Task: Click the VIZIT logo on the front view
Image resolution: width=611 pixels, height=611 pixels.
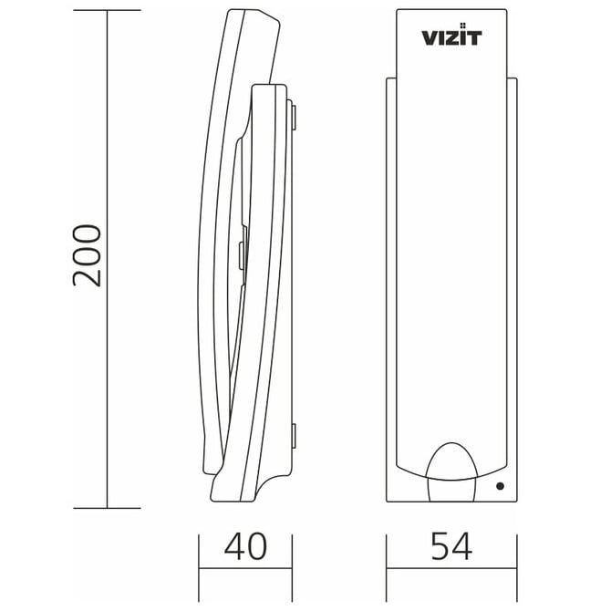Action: [x=451, y=37]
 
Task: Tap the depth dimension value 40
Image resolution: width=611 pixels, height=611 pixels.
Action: [x=245, y=546]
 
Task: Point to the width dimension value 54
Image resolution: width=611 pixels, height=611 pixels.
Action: [x=451, y=546]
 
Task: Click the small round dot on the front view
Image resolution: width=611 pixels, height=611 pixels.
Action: [x=500, y=487]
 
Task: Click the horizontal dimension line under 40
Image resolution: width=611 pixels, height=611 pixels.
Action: [x=245, y=572]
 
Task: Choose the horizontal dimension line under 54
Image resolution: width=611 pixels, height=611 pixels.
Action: [x=451, y=572]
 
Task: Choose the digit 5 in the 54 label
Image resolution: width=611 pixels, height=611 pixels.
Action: [x=440, y=546]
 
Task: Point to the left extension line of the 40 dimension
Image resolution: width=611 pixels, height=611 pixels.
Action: [x=201, y=556]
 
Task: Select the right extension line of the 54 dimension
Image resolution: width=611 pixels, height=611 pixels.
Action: [x=517, y=556]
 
